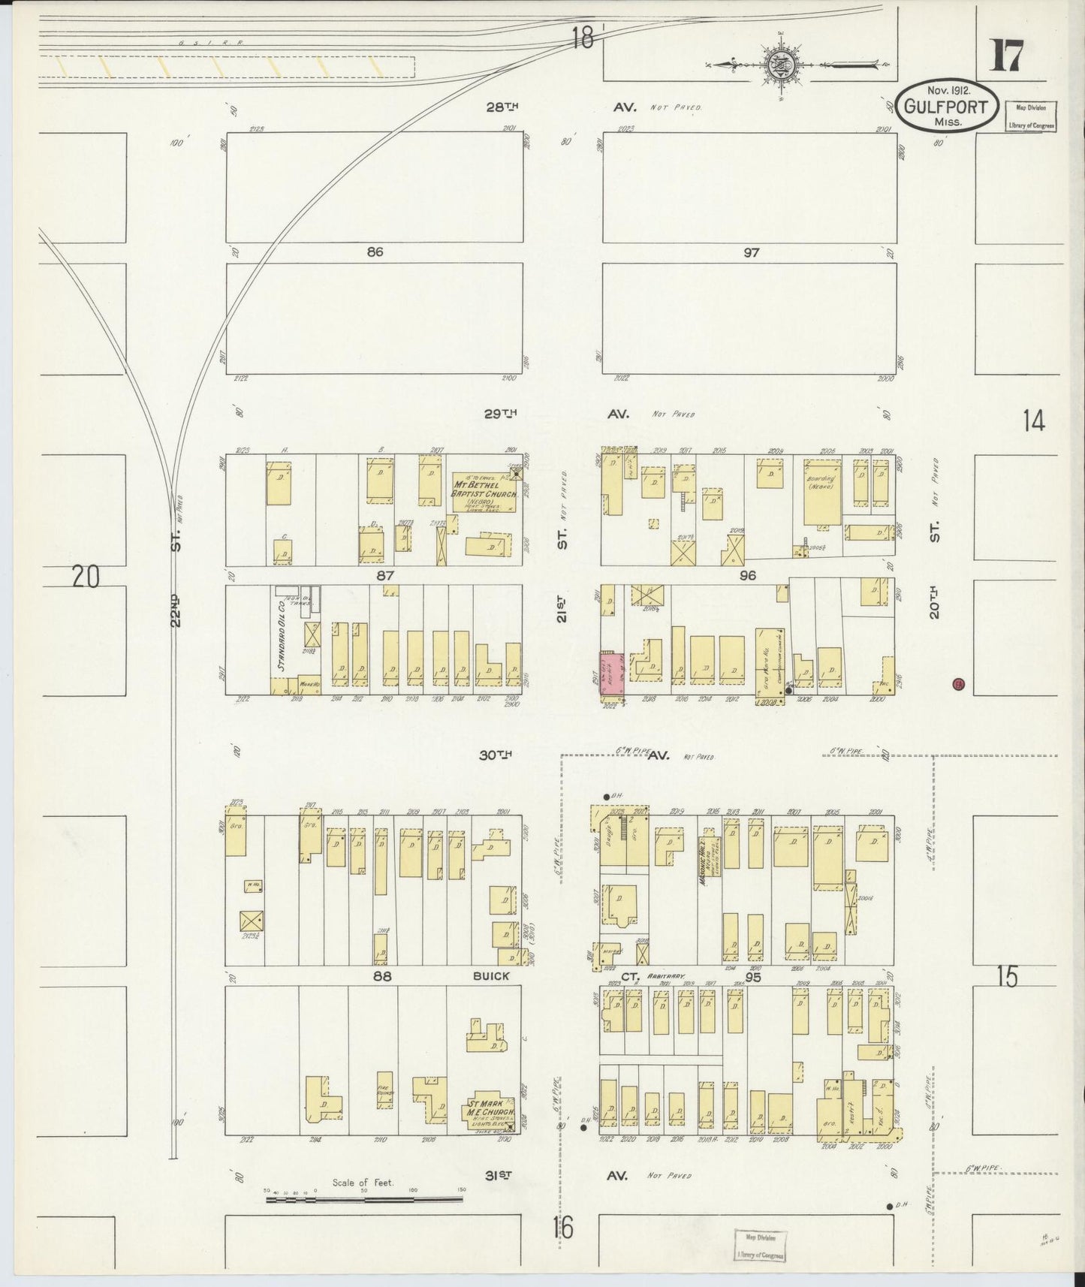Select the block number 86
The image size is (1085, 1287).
point(375,252)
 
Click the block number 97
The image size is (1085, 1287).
point(751,253)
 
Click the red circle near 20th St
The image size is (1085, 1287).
point(957,683)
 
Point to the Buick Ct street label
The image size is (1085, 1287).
point(491,975)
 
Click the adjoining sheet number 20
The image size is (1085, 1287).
point(86,577)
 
